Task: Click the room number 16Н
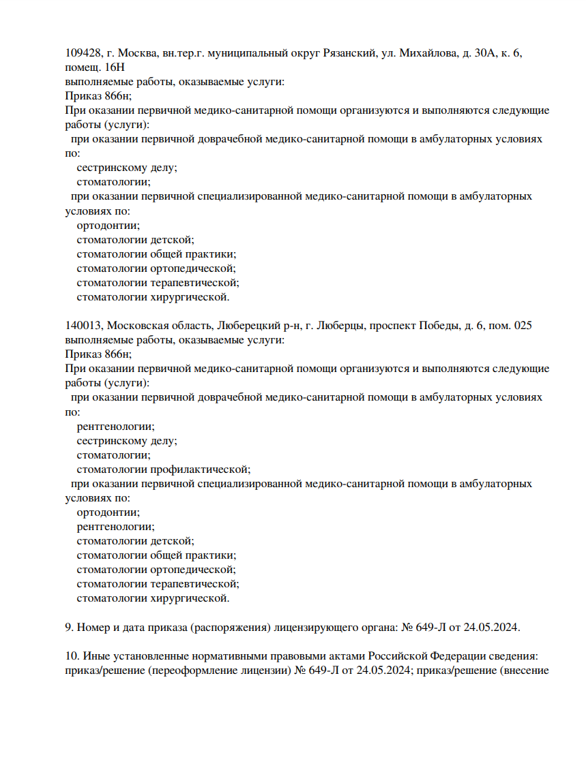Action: click(115, 67)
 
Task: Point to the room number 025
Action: click(522, 326)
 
